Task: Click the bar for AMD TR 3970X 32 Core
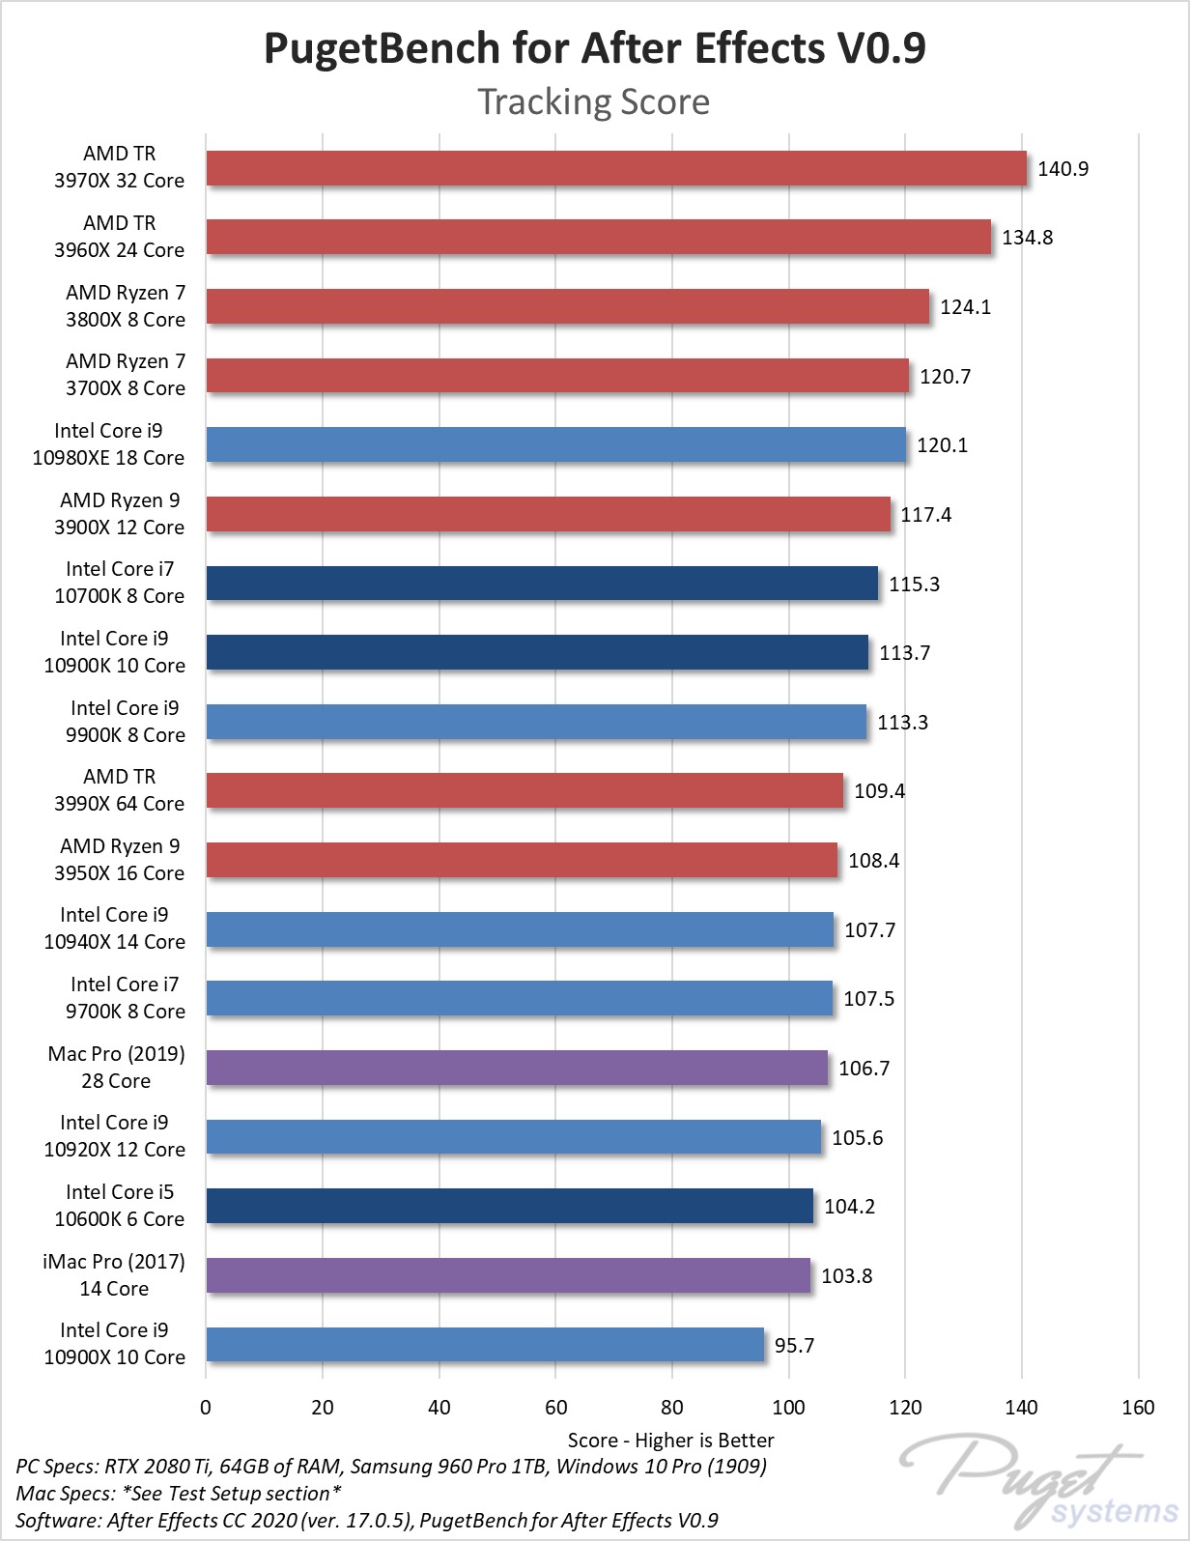coord(615,168)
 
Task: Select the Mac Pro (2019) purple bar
coord(517,1068)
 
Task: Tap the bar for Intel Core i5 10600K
coord(509,1206)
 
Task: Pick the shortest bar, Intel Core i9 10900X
coord(485,1345)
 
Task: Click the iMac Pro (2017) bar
coord(508,1275)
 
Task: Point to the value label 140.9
coord(1062,169)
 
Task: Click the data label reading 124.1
coord(965,307)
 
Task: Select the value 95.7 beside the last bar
coord(794,1346)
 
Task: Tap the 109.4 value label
coord(879,791)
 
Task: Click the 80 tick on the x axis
coord(672,1407)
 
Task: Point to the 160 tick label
coord(1138,1407)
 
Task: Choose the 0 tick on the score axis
coord(206,1407)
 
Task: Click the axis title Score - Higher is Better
coord(670,1440)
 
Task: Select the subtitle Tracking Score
coord(594,101)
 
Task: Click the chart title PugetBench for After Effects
coord(594,48)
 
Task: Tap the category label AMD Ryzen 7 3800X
coord(125,305)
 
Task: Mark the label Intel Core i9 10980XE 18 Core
coord(108,444)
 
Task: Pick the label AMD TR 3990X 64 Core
coord(119,790)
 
